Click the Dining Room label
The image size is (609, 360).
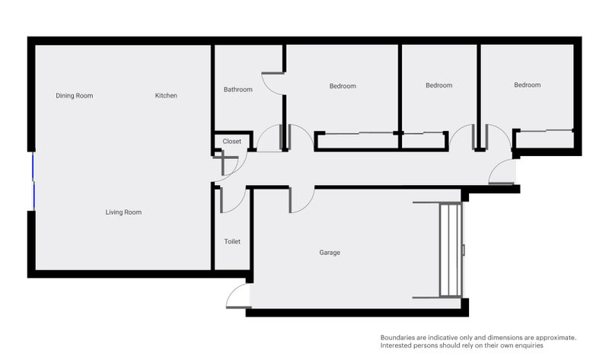[75, 95]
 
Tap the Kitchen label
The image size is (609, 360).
[166, 95]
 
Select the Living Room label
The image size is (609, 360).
[123, 212]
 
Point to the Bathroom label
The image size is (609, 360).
[238, 89]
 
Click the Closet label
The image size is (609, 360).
[231, 141]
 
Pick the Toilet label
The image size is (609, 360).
[232, 241]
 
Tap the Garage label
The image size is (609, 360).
[330, 252]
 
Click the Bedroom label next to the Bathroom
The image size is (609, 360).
[343, 86]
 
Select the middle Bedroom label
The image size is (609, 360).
[438, 85]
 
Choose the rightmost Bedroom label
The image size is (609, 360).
[527, 84]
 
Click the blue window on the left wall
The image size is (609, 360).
[33, 181]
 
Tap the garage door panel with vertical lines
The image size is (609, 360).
[450, 249]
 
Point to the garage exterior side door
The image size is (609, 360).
[238, 297]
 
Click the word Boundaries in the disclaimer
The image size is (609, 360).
[397, 337]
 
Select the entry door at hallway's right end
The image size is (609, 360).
[502, 174]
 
